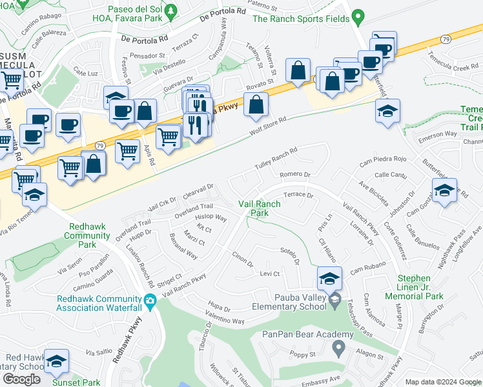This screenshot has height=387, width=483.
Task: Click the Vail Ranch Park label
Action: (x=260, y=208)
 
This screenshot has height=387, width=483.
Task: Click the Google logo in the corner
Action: (x=21, y=379)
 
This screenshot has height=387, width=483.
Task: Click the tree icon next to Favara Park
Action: (x=170, y=11)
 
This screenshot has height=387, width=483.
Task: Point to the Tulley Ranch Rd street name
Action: (x=276, y=157)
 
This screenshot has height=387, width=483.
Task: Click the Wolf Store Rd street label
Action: (x=267, y=130)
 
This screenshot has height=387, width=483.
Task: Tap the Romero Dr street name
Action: (x=295, y=174)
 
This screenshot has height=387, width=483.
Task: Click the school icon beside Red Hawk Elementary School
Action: (x=57, y=362)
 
